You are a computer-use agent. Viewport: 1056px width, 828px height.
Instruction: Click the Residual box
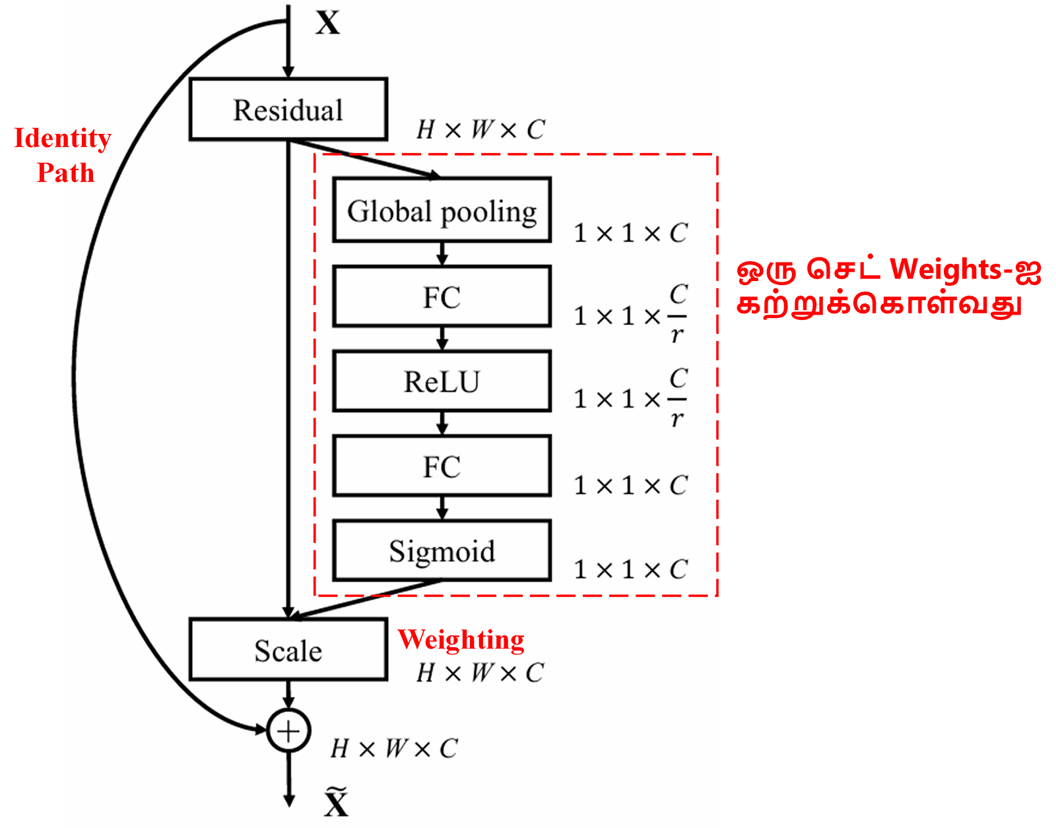(x=288, y=110)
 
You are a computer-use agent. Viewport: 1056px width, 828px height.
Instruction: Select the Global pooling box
(x=442, y=210)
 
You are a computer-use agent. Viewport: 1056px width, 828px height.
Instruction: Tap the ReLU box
(x=442, y=381)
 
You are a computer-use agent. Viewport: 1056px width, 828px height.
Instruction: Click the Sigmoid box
(x=442, y=551)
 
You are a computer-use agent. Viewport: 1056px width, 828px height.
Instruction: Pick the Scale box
(x=288, y=650)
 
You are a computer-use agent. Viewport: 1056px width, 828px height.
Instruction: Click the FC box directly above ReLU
(x=442, y=297)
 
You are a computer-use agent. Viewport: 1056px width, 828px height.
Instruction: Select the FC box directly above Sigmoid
(x=442, y=466)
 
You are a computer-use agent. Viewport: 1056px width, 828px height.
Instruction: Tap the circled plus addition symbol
(x=288, y=730)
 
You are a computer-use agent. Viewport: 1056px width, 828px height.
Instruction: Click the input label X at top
(x=327, y=23)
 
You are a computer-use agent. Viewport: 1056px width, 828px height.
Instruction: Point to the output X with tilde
(x=336, y=802)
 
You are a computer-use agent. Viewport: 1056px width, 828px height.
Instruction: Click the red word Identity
(x=63, y=139)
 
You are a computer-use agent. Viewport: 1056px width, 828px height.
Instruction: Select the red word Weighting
(x=461, y=639)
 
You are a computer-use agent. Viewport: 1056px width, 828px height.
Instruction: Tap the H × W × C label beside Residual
(x=480, y=129)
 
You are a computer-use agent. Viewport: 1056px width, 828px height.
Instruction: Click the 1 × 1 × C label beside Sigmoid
(x=630, y=569)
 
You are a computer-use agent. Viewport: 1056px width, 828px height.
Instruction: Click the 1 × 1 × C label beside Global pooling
(x=630, y=233)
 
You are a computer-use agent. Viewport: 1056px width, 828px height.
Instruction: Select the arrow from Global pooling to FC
(x=442, y=253)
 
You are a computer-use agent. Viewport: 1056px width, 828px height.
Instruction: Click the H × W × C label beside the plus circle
(x=393, y=748)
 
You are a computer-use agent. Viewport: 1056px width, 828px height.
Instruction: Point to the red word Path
(x=65, y=173)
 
